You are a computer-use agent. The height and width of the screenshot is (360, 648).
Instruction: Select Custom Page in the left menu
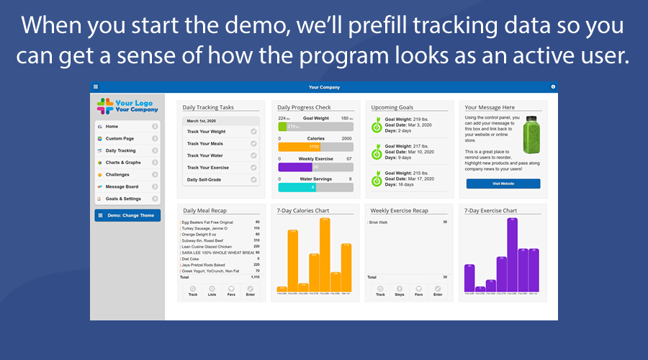[x=126, y=138]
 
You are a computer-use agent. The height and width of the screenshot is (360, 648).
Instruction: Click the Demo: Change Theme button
[x=127, y=215]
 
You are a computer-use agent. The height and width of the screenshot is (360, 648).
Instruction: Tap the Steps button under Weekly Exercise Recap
[x=400, y=291]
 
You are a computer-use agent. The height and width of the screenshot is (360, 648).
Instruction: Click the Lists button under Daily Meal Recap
[x=212, y=291]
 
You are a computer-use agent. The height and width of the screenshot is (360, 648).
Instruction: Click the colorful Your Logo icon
[x=105, y=106]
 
